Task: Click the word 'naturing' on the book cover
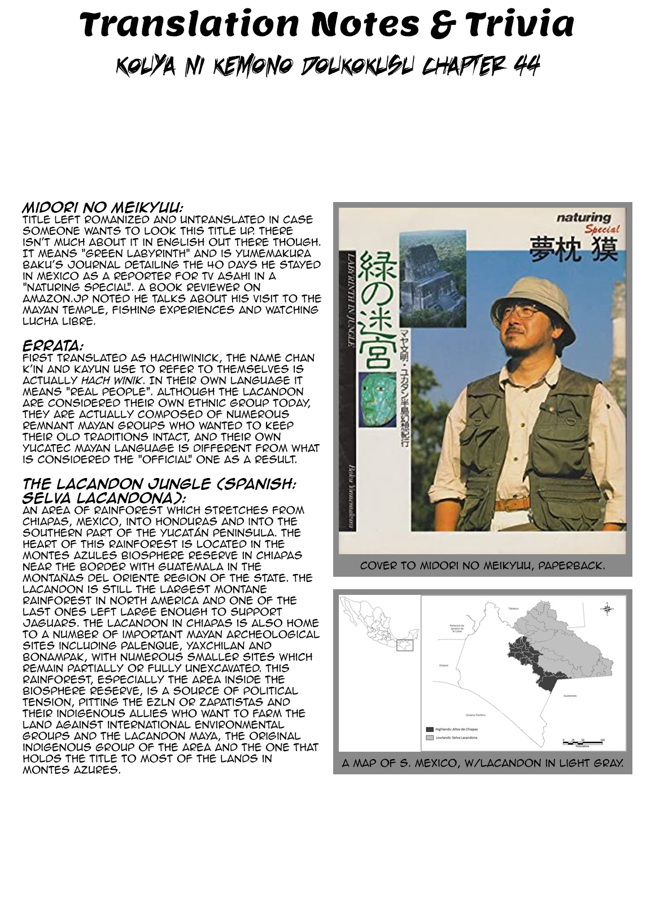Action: [x=583, y=217]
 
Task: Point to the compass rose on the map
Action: [x=608, y=609]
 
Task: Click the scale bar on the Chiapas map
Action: [x=583, y=740]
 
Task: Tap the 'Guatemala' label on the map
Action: [x=569, y=696]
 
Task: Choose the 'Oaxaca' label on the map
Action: [x=444, y=665]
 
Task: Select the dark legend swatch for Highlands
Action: [x=430, y=729]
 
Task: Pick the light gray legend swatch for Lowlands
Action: [x=430, y=738]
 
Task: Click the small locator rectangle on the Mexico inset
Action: [x=405, y=645]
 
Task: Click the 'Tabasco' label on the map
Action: [x=513, y=608]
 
